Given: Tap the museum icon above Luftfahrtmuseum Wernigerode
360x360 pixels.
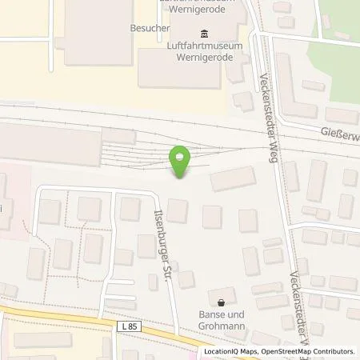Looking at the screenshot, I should tap(203, 33).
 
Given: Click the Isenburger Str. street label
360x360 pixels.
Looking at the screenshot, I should tap(164, 227).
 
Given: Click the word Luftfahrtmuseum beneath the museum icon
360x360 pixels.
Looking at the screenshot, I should tap(203, 46).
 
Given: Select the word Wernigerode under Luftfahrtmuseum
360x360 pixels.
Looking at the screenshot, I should tap(203, 58).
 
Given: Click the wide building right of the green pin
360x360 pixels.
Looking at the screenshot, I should tap(234, 179).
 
